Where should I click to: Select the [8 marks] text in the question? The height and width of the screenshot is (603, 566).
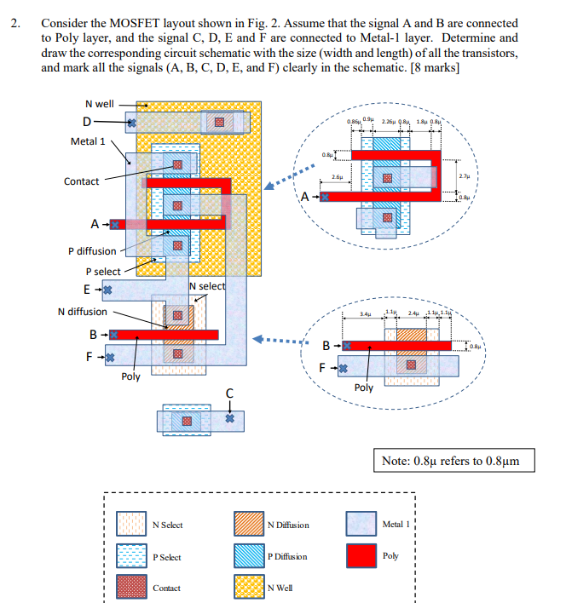tap(433, 68)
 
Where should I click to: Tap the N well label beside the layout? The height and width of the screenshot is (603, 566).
tap(97, 104)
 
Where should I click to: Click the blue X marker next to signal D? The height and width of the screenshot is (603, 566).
tap(131, 124)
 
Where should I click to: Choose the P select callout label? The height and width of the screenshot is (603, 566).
tap(96, 272)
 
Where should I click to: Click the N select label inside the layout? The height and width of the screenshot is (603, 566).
tap(207, 286)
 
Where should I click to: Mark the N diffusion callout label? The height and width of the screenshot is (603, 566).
tap(82, 312)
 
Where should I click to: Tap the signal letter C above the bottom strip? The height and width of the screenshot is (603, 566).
tap(228, 393)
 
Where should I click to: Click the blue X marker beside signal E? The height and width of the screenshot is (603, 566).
tap(108, 290)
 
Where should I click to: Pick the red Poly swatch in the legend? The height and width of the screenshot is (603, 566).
tap(360, 555)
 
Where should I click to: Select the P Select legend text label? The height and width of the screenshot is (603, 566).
tap(166, 557)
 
